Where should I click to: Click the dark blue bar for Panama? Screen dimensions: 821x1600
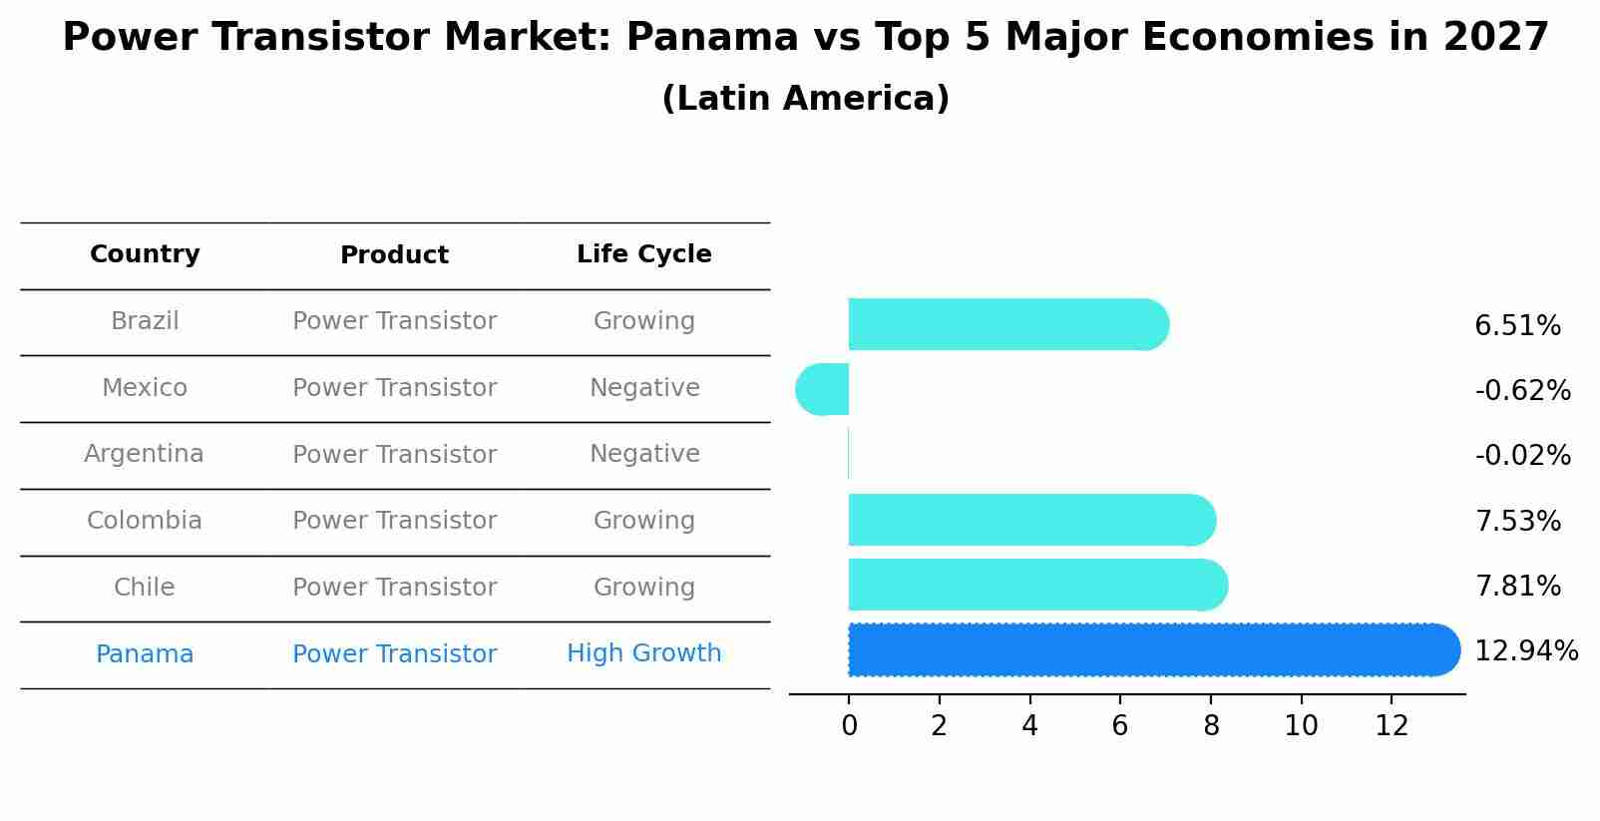(1147, 650)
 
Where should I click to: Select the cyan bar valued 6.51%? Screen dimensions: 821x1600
(1002, 324)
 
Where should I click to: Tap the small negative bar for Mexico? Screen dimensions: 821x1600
(824, 389)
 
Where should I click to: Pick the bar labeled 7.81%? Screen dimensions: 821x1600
(1032, 585)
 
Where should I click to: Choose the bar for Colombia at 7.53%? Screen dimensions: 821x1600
(1027, 520)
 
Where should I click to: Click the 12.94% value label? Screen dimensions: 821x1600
(1525, 651)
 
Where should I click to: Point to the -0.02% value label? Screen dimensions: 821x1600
(1522, 456)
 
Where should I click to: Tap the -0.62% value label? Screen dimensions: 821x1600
(1522, 391)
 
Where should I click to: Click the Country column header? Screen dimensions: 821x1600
(145, 254)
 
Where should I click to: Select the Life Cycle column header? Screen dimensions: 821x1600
(643, 254)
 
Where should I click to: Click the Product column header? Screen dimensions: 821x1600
(394, 255)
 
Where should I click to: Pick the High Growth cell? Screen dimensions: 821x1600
(643, 653)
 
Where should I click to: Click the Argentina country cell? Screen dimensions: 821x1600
(144, 454)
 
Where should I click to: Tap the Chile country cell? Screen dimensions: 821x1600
(144, 588)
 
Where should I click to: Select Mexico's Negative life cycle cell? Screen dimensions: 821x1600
(644, 388)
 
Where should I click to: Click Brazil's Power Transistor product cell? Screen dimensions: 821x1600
(394, 321)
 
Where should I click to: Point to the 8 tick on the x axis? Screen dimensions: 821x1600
(1210, 726)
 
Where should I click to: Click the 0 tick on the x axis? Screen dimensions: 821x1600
(849, 726)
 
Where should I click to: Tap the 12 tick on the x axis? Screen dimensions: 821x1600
(1392, 726)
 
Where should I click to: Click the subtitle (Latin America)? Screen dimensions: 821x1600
(805, 99)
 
